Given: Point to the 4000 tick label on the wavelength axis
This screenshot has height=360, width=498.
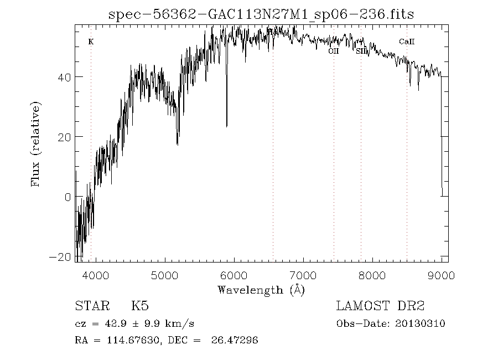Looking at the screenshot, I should tap(95, 275).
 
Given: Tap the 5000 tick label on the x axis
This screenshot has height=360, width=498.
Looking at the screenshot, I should tap(164, 275).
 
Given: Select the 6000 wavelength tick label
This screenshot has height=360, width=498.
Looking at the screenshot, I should tap(234, 275).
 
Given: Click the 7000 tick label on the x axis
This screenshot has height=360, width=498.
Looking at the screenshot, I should tap(303, 275).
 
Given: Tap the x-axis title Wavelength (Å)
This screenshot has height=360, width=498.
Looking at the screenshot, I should tap(261, 290).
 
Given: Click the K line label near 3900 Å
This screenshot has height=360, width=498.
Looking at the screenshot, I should tap(91, 42).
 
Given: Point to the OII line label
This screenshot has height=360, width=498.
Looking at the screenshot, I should tap(333, 51).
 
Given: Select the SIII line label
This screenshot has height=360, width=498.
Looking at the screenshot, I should tap(361, 51).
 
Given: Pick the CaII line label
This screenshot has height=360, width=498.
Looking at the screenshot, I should tap(407, 42).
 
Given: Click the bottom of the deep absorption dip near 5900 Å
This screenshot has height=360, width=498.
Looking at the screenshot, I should tap(226, 126).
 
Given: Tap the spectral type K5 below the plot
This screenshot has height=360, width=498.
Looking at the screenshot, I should tap(140, 306).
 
